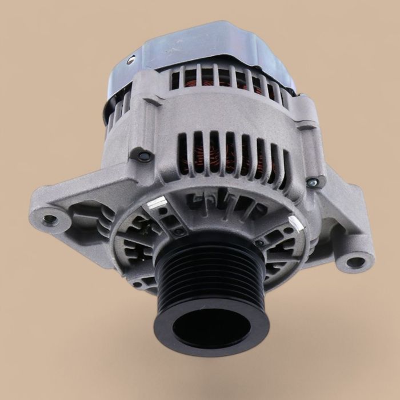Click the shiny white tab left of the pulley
158,202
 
